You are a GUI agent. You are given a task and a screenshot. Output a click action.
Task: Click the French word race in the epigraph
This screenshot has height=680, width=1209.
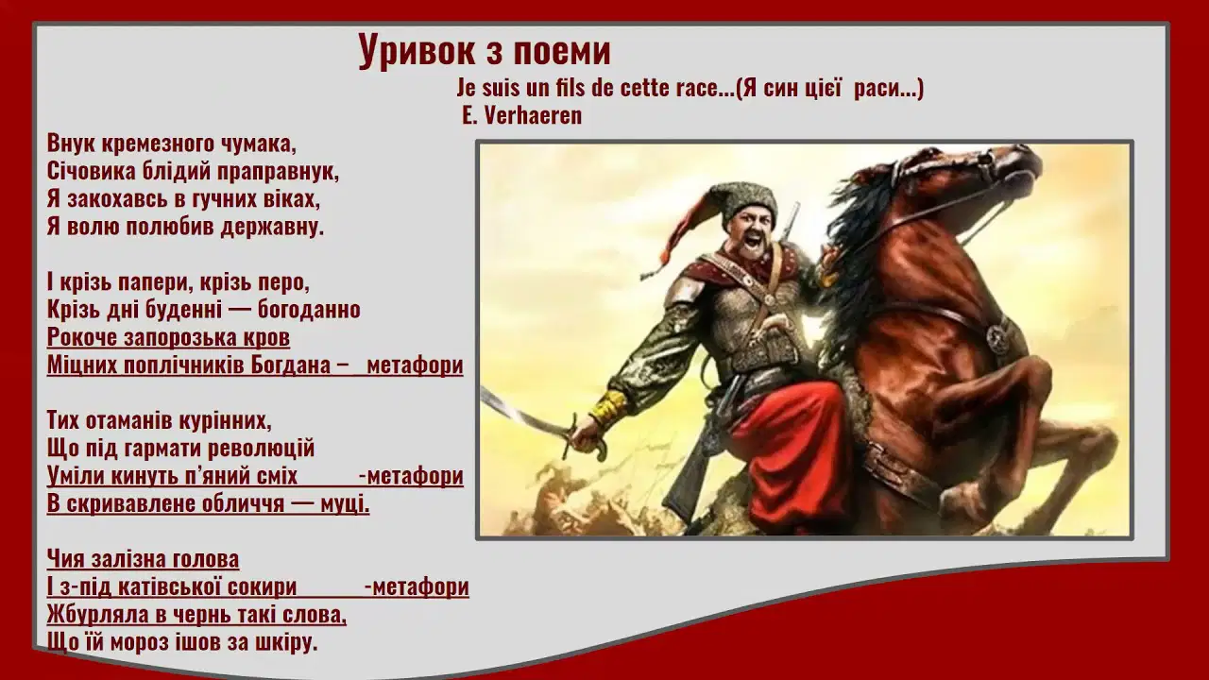(x=697, y=88)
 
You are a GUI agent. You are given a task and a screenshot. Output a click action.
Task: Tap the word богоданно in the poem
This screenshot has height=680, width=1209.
(x=309, y=309)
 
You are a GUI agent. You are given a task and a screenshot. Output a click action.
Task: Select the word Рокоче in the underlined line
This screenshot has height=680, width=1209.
(x=82, y=337)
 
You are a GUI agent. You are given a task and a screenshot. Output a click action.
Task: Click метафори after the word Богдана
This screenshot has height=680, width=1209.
(x=415, y=365)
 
